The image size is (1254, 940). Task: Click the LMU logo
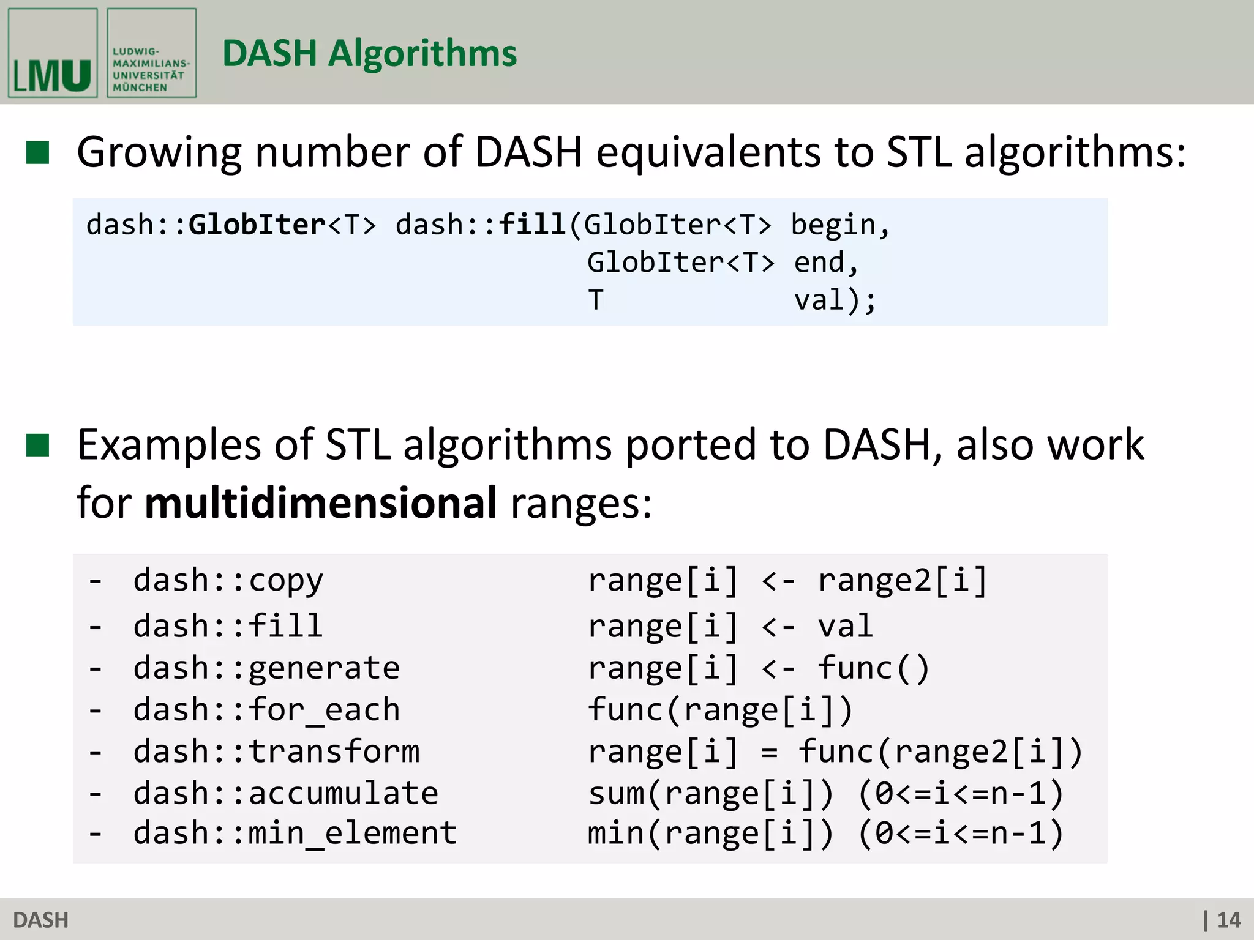(53, 53)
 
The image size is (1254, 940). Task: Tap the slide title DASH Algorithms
(369, 53)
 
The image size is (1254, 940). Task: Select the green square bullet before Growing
(38, 153)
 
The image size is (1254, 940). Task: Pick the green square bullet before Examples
(38, 446)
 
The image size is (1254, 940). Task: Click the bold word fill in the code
(532, 225)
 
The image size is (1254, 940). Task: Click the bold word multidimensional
(320, 503)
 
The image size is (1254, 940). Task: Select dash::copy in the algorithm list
(228, 580)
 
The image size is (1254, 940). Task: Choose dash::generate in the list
(266, 668)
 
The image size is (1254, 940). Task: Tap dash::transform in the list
(277, 752)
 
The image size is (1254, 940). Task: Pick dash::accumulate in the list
(286, 793)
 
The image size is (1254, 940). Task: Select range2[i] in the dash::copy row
(903, 580)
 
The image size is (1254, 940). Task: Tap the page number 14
(1228, 920)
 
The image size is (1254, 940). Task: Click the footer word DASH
(40, 920)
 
